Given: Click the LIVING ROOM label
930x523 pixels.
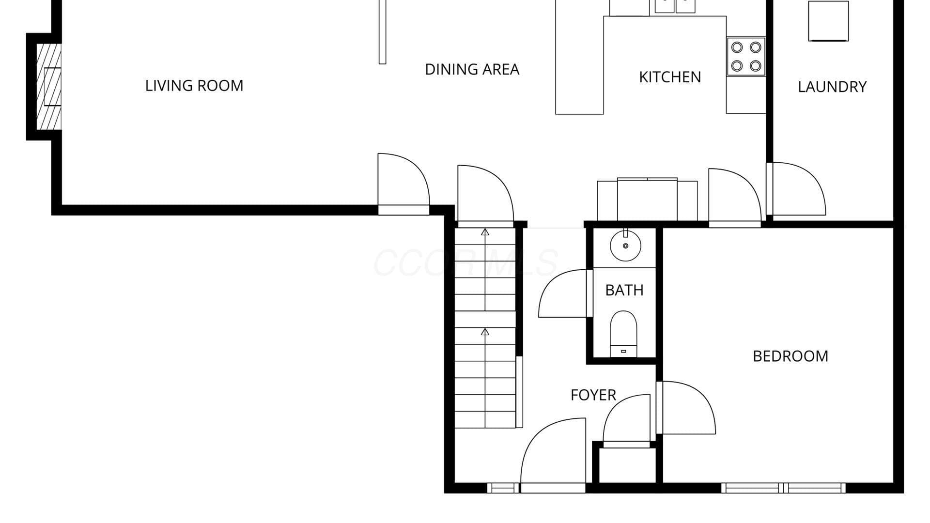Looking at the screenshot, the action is (194, 86).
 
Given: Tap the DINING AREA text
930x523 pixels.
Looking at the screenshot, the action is (472, 70).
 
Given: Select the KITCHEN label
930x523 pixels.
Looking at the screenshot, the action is (670, 77).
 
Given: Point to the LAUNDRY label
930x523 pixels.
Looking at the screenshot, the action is (832, 87).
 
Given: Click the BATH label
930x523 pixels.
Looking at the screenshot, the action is (624, 291).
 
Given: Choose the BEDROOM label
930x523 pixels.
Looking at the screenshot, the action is (790, 356).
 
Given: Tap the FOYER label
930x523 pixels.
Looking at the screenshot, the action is (593, 395).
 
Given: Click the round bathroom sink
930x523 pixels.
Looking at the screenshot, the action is (625, 246).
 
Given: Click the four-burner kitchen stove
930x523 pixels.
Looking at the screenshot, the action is (746, 56).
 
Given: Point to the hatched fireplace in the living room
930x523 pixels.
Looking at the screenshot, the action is (49, 87).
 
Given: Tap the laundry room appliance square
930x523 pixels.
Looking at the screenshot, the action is (828, 21).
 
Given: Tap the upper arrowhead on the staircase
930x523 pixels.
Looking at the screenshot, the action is (485, 232).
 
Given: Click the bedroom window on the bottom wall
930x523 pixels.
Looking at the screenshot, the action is (783, 488).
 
